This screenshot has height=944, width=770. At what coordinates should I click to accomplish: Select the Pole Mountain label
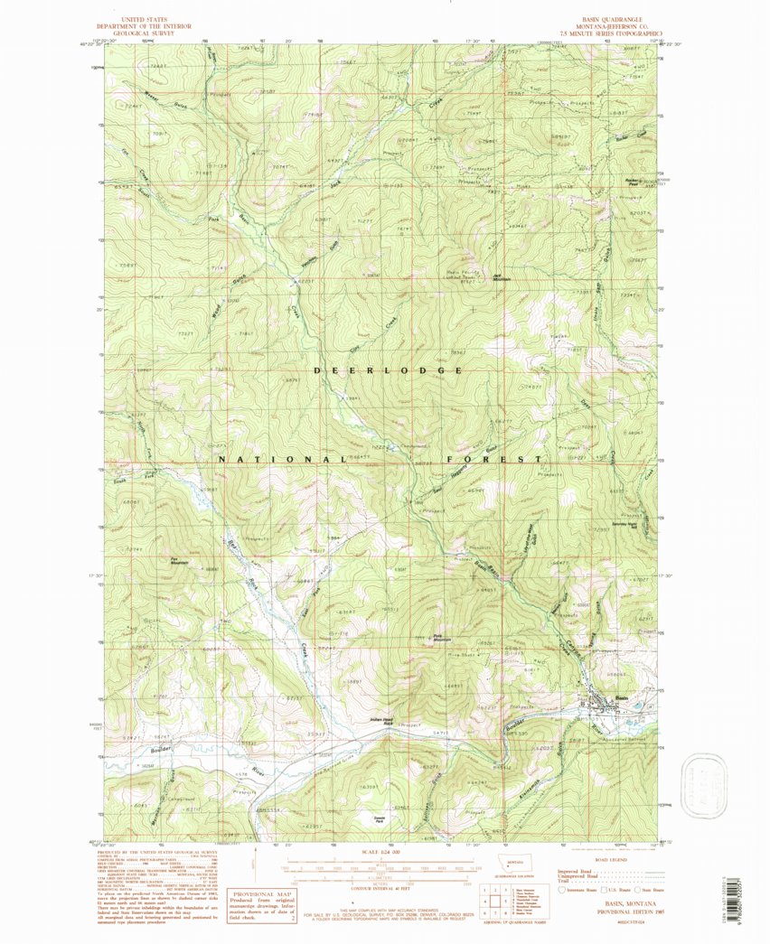(440, 637)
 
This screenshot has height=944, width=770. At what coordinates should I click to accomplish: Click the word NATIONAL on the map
(277, 459)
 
